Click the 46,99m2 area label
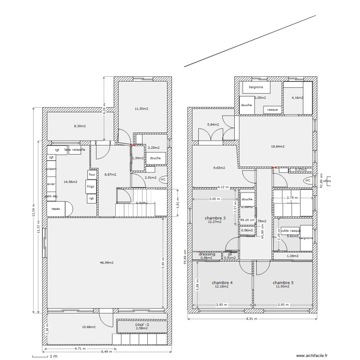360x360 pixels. point(104,263)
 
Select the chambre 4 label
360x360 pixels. point(222,283)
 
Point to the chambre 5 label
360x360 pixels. point(283,283)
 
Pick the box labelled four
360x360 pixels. point(92,175)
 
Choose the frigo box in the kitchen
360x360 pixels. point(91,186)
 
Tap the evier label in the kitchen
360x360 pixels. point(51,183)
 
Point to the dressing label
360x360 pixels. point(207,254)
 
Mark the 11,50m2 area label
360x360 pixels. point(141,109)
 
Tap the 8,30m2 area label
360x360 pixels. point(79,126)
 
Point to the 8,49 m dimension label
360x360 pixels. point(107,351)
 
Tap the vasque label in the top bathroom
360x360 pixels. point(272,109)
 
